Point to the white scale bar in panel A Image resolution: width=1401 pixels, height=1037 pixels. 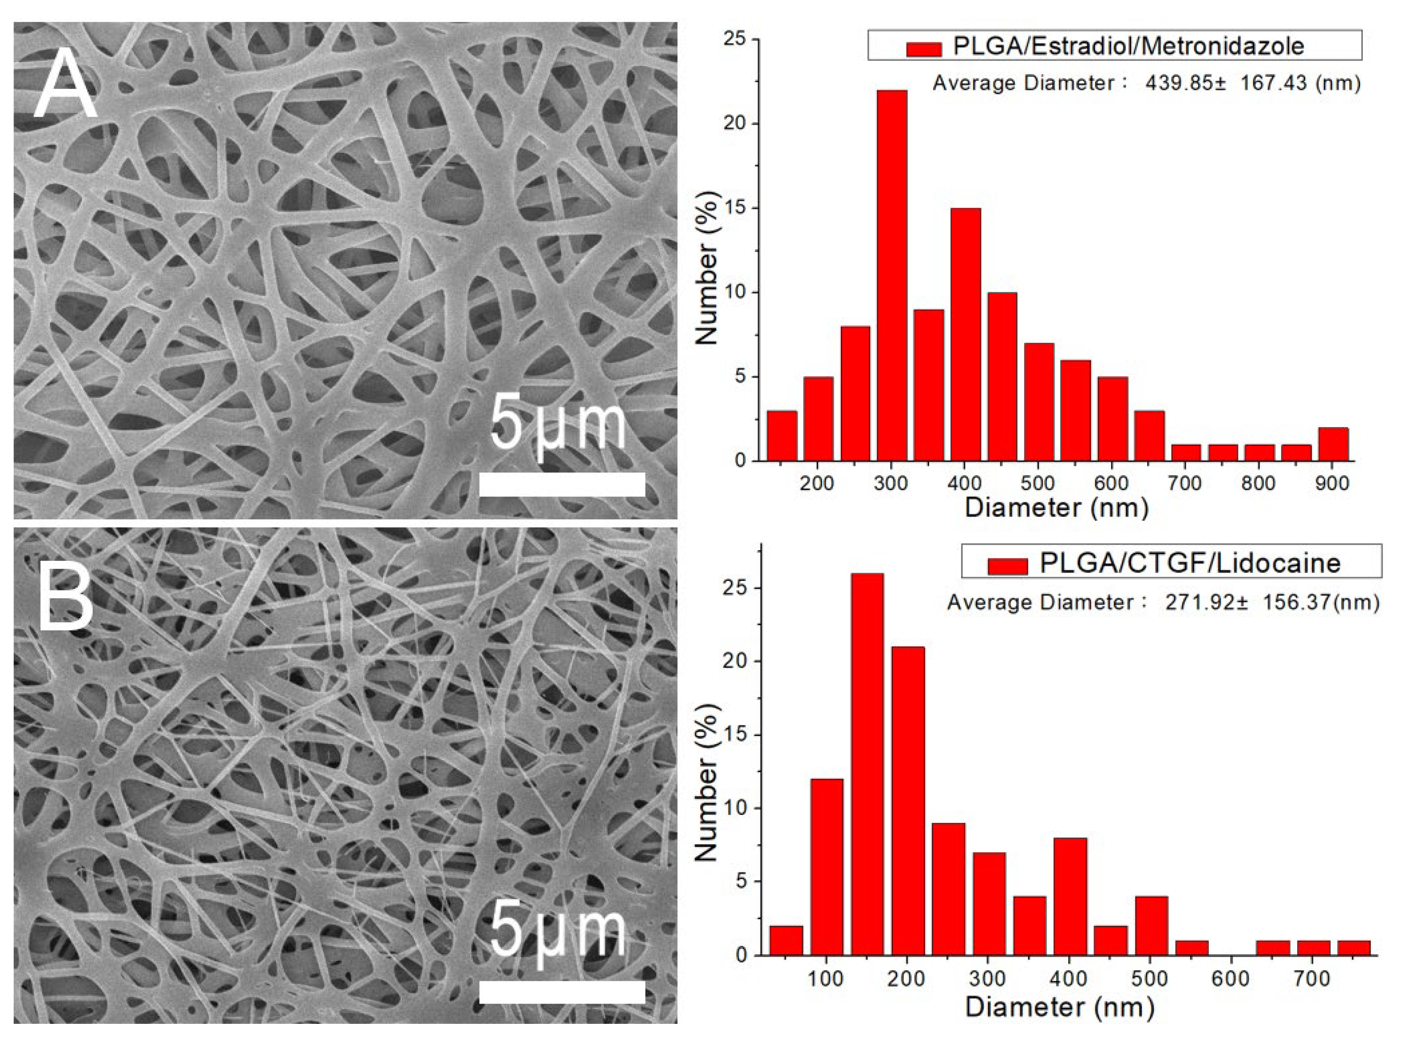coord(562,484)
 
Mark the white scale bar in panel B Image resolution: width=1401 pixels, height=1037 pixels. coord(562,992)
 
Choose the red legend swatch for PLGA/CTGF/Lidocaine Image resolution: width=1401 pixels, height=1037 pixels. coord(1007,566)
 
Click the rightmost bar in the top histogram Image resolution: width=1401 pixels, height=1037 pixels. coord(1334,444)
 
